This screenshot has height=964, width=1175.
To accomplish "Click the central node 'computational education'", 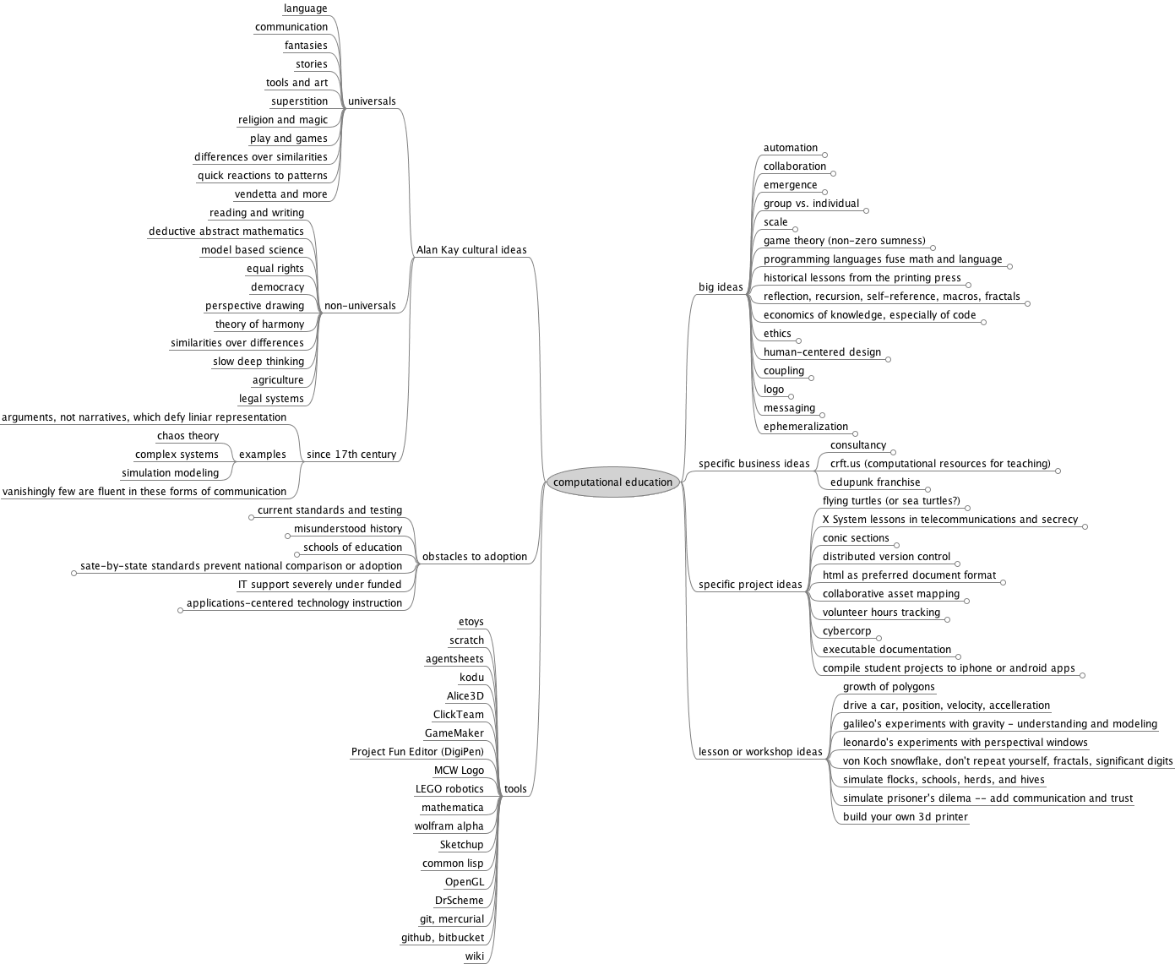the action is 613,482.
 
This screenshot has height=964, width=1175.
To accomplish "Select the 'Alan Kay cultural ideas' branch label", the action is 471,249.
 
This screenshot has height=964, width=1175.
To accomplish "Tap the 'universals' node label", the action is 372,101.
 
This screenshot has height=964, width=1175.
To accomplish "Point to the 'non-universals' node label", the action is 360,305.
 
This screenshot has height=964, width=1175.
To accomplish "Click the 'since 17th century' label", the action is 351,455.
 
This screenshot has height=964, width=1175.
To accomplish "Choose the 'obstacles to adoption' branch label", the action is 475,556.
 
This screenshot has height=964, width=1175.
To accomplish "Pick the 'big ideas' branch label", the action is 721,287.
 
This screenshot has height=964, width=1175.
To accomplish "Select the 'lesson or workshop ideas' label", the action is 760,751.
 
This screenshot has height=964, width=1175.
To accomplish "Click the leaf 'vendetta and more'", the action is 280,194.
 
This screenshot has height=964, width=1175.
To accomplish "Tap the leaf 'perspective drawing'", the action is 254,305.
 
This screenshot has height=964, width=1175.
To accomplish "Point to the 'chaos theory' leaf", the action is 188,436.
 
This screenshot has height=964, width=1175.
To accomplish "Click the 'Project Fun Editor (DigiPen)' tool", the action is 417,752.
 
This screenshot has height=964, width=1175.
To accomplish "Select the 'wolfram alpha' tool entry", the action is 449,825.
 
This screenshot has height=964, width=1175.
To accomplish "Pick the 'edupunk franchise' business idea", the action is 875,482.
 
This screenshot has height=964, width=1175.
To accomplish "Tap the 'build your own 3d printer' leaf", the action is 906,816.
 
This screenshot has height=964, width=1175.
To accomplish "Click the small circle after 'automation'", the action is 825,155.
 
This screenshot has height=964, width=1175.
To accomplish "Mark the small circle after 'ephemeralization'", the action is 855,433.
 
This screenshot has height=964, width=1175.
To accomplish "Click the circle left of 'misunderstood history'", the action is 287,536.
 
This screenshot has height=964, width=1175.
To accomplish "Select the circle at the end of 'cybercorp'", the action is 879,638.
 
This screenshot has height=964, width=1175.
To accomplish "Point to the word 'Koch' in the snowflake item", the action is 874,760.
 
